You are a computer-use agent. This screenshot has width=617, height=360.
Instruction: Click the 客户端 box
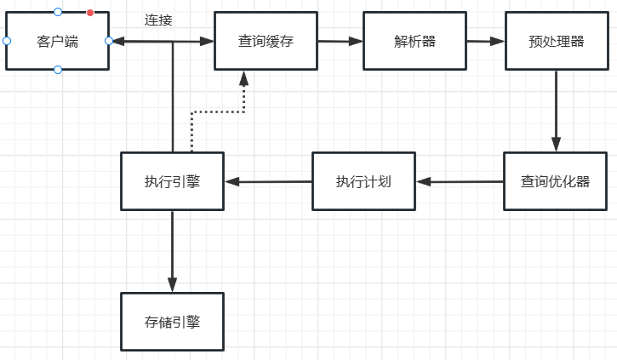[x=57, y=41]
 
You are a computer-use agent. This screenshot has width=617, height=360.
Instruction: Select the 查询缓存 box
[x=266, y=41]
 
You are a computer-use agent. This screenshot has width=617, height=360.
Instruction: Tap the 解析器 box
[x=414, y=41]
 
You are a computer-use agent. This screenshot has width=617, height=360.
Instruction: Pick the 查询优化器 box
[x=555, y=181]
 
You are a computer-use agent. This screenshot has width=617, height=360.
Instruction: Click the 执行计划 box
[x=363, y=181]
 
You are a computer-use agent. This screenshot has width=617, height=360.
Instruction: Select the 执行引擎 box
[x=172, y=181]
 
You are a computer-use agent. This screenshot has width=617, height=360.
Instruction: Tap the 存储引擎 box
[x=172, y=322]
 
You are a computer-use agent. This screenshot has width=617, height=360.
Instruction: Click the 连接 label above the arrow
[x=158, y=20]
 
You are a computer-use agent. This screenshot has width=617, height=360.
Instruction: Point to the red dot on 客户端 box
[x=90, y=13]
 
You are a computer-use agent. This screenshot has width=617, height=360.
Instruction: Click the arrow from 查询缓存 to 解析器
[x=340, y=41]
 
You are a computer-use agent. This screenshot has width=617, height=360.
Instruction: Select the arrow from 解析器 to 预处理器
[x=485, y=41]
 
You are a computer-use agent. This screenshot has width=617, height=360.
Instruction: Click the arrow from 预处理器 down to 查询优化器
[x=556, y=111]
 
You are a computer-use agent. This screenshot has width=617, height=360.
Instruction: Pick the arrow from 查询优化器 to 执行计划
[x=460, y=181]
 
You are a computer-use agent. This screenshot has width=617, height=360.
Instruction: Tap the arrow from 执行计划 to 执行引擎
[x=268, y=181]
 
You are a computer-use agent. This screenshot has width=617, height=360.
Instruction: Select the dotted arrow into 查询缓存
[x=243, y=94]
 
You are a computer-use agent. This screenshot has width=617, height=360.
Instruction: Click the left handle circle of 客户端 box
[x=7, y=41]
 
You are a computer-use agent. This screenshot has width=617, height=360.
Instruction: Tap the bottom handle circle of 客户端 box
[x=58, y=69]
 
